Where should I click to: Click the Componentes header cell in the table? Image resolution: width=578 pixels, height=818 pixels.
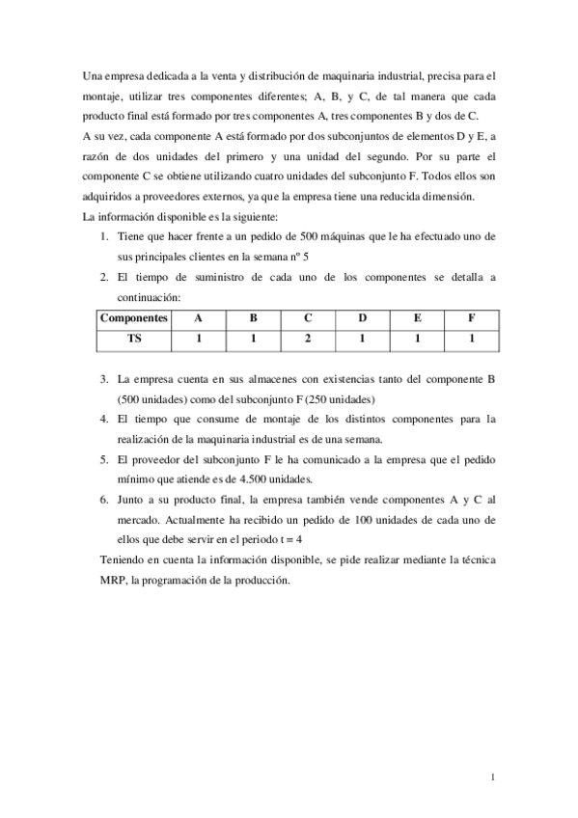(134, 317)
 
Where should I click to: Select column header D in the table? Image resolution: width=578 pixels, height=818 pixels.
(362, 317)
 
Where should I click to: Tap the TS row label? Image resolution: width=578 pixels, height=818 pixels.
(134, 340)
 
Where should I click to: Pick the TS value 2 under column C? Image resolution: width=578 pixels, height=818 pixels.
(307, 340)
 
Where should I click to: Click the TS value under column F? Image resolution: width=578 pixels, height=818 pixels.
(472, 340)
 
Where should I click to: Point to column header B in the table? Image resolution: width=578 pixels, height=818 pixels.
(253, 317)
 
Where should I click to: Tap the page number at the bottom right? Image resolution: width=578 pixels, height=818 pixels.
(493, 776)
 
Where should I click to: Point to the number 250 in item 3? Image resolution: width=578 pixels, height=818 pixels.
(311, 398)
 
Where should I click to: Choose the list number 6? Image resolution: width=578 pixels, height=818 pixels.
(104, 500)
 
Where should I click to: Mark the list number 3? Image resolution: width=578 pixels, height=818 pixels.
(104, 378)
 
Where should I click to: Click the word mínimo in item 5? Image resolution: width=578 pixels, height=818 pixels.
(137, 478)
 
